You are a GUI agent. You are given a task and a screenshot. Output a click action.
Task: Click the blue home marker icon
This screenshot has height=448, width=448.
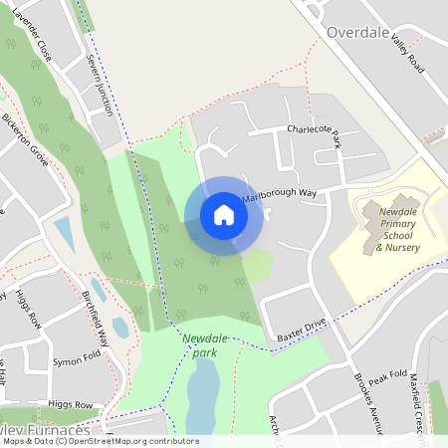coord(223,215)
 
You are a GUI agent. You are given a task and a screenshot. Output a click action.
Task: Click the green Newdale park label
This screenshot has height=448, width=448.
coord(199,344)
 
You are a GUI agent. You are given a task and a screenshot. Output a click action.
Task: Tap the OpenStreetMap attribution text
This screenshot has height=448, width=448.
coord(100,441)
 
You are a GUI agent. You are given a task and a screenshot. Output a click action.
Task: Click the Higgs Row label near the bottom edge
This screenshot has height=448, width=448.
coord(71,405)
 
